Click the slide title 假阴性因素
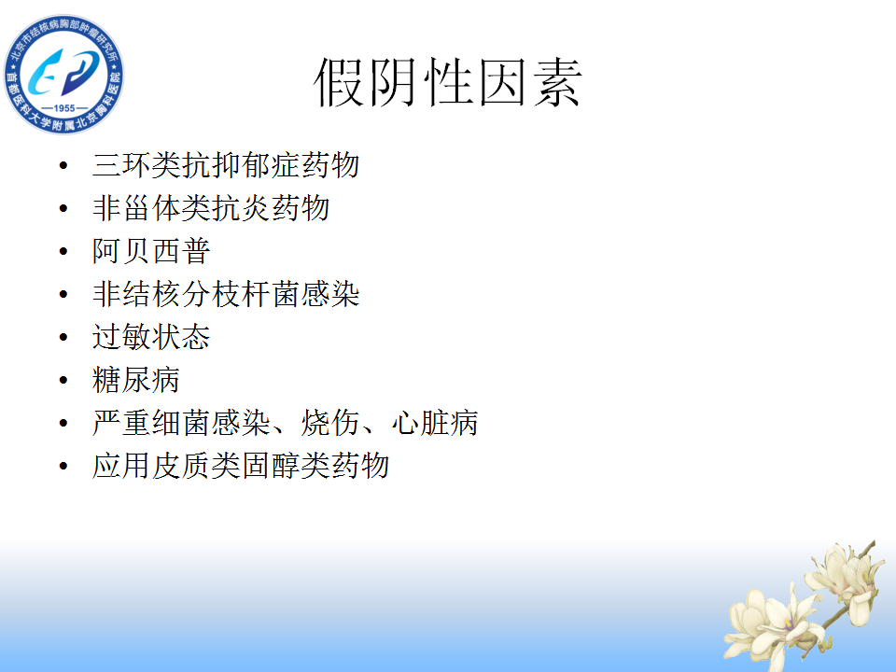pos(447,82)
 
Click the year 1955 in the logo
pos(64,108)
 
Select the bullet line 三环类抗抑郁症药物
pos(226,165)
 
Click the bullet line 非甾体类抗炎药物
pos(211,208)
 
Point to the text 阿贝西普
pos(151,251)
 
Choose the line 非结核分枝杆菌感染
pos(226,294)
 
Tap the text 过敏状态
pos(151,337)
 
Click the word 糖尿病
pos(136,380)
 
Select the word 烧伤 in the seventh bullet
pos(329,423)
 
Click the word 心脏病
pos(434,423)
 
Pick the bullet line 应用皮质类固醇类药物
pos(241,466)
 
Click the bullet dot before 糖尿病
pos(63,380)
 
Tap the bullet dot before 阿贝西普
pos(63,251)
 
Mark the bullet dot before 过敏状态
pos(63,337)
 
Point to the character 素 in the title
pos(557,82)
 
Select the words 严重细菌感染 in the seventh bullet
pos(181,423)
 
